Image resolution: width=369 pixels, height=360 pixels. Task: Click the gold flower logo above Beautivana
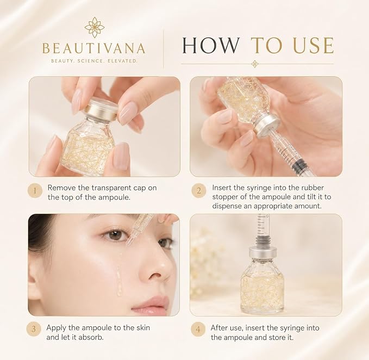tap(95, 27)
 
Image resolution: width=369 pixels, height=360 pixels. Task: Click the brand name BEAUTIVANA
tap(94, 48)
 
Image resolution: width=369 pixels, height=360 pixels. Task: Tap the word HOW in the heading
tap(210, 45)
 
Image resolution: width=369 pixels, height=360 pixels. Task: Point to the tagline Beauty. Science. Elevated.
tap(94, 61)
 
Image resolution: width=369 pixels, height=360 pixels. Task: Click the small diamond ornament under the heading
tap(255, 64)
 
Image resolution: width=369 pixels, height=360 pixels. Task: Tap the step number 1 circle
tap(35, 190)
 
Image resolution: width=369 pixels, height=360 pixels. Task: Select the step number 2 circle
tap(198, 190)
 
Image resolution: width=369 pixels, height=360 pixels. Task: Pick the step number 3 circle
tap(34, 328)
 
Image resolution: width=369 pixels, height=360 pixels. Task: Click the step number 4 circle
tap(198, 329)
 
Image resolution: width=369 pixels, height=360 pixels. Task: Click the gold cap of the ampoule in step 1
tap(101, 109)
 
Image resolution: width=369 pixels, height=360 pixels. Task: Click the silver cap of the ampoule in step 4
tap(264, 252)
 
